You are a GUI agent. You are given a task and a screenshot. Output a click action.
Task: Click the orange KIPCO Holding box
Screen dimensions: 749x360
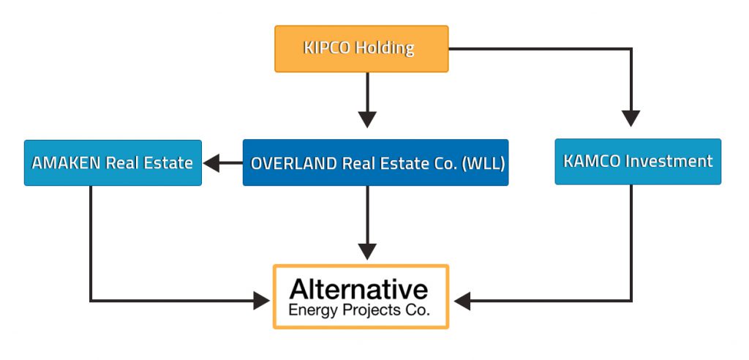361,49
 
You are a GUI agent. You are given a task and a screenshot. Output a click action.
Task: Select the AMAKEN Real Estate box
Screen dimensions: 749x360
113,162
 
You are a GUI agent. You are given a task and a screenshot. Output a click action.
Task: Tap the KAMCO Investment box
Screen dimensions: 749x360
638,162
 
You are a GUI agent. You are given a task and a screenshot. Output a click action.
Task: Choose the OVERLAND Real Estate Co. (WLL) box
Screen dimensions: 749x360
375,162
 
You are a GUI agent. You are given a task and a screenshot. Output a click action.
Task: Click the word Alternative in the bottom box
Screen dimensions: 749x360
358,290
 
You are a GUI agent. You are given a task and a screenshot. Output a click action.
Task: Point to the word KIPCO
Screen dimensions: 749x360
323,48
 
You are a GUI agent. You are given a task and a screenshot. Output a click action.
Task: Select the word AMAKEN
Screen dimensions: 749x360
67,163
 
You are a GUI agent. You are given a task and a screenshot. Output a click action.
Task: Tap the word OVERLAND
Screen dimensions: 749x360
295,163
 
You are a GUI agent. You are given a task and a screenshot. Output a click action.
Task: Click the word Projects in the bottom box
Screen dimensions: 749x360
372,311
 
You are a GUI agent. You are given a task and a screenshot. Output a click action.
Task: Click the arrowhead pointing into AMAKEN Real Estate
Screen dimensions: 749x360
211,163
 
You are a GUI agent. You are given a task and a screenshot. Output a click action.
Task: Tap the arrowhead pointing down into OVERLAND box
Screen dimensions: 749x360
367,119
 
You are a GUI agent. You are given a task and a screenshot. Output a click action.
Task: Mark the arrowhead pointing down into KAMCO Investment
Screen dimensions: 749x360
631,119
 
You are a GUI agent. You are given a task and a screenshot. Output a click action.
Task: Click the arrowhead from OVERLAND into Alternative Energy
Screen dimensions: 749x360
367,252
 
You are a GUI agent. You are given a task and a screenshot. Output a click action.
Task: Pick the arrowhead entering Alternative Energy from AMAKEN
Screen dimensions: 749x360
262,301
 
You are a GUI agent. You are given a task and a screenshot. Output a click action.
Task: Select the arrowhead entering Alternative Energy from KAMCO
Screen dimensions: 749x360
462,301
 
